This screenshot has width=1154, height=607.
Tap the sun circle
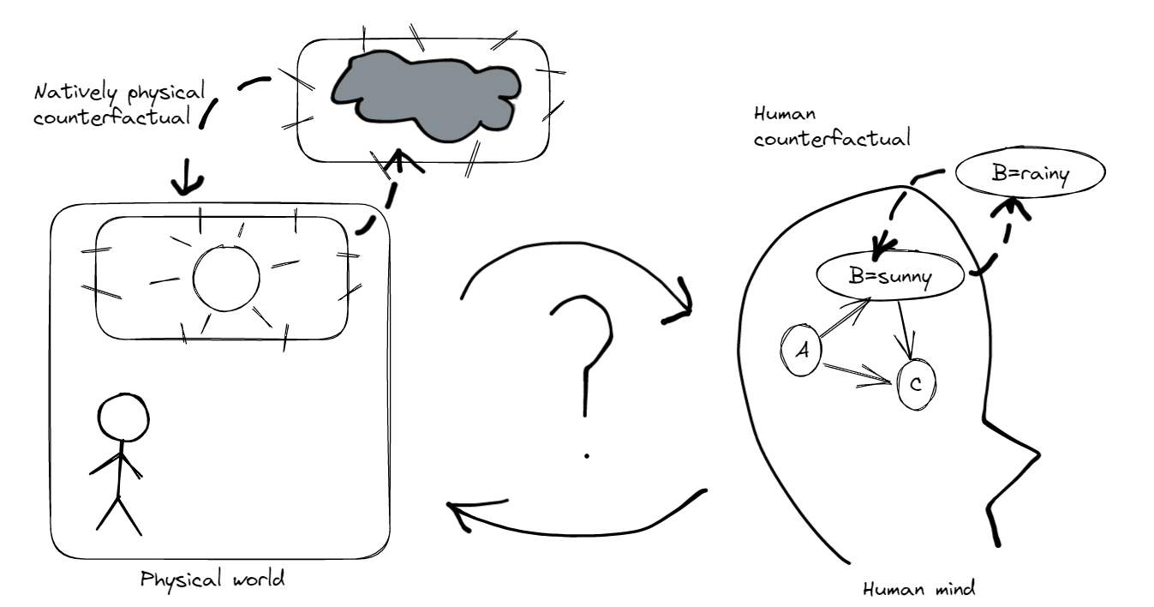coord(226,278)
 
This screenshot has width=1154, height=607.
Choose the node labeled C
coord(915,385)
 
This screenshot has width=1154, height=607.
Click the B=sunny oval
coord(892,275)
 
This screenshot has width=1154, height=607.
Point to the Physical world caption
coord(212,579)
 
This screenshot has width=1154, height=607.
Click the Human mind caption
coord(919,589)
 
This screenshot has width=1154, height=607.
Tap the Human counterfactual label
coord(831,127)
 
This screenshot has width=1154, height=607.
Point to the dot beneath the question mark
coord(587,456)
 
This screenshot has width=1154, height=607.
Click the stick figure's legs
coord(118,514)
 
